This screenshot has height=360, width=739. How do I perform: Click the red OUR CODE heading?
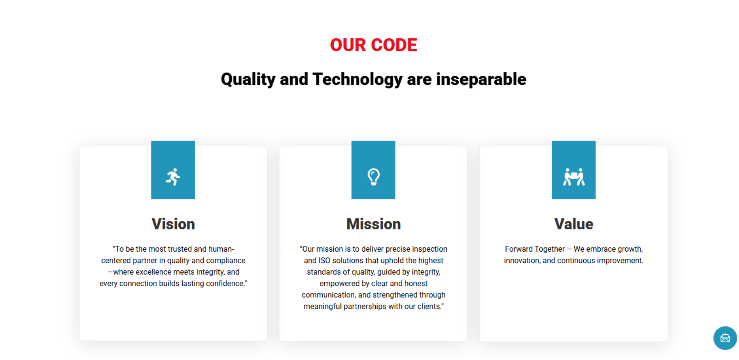click(373, 45)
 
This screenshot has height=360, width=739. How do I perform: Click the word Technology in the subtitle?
click(357, 79)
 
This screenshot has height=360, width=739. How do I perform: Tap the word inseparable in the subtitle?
click(481, 79)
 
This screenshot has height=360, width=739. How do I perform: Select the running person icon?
click(173, 177)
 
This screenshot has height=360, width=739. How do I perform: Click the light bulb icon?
click(373, 177)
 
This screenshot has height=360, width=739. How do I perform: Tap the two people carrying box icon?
click(574, 177)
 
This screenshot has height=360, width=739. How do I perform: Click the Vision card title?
click(173, 224)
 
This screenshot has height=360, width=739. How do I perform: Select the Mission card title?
click(373, 224)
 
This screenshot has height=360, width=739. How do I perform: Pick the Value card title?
click(574, 224)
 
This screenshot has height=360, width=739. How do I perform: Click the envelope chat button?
click(725, 338)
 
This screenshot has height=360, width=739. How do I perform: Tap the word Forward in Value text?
click(519, 249)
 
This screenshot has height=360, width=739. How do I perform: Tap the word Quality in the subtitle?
click(248, 79)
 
